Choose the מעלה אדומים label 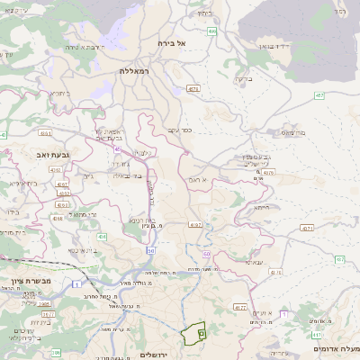pos(337,347)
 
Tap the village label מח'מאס pos(292,132)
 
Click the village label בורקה pos(241,78)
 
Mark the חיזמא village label pos(261,207)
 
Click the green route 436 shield pos(103,237)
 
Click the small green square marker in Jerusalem pos(201,333)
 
